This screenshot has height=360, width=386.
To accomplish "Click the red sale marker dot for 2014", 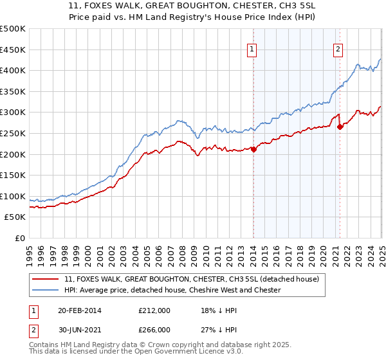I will [253, 149].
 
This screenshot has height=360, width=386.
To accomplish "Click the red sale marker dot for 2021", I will [340, 127].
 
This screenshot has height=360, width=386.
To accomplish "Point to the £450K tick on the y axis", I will [13, 50].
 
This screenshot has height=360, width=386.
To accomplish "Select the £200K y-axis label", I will [13, 154].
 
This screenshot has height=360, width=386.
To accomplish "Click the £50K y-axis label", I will [15, 217].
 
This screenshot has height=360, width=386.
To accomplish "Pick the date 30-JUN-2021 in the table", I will [81, 330].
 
